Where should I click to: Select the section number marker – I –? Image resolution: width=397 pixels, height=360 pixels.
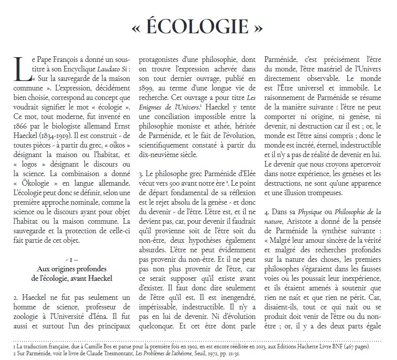coord(72,260)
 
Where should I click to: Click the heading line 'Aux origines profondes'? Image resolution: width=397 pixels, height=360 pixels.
coord(72,269)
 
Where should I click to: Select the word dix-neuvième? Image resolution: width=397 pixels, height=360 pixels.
coord(158,154)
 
